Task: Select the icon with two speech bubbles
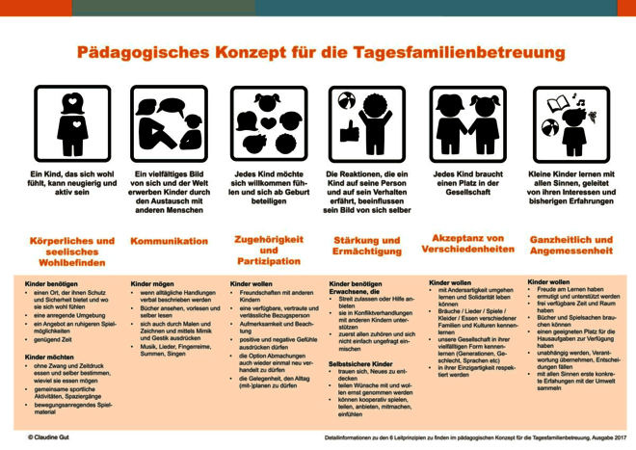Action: point(170,122)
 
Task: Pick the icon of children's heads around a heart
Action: point(268,123)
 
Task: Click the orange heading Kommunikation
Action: point(170,241)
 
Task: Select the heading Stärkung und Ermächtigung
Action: point(366,246)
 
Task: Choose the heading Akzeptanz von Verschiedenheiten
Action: point(467,244)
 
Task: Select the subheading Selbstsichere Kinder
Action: point(360,364)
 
